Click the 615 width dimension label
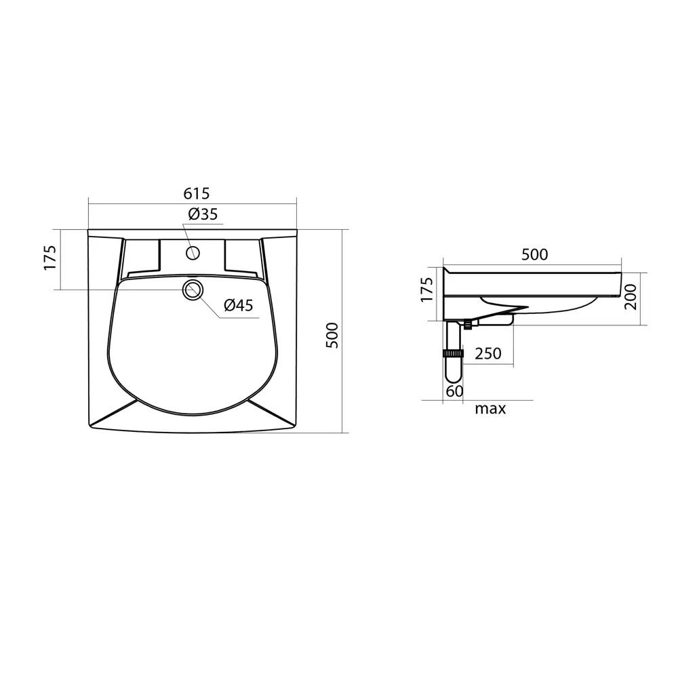point(197,193)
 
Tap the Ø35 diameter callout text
point(203,214)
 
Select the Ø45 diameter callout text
point(238,305)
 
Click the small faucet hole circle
point(193,252)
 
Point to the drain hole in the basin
point(193,290)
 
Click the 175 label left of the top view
point(50,258)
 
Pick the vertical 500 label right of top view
point(332,335)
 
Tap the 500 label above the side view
point(534,254)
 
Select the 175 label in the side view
point(426,290)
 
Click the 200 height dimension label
point(631,297)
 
